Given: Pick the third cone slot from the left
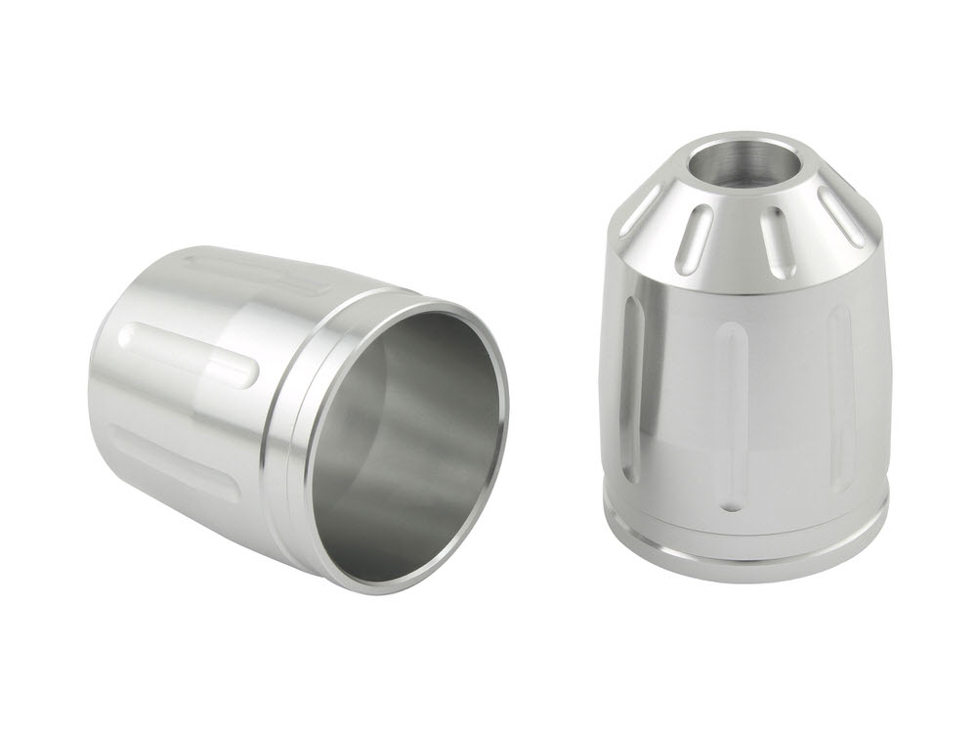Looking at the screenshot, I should coord(778,240).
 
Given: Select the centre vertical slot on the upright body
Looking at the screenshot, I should coord(731,415).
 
